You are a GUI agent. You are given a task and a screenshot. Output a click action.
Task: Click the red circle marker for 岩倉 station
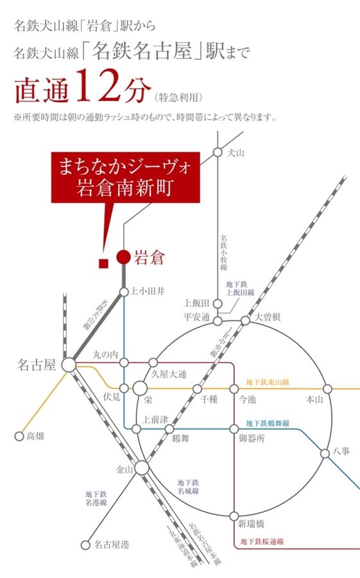(x=123, y=258)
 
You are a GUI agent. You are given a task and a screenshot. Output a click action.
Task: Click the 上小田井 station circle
(x=124, y=292)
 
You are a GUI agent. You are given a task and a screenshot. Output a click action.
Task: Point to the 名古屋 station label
(x=36, y=365)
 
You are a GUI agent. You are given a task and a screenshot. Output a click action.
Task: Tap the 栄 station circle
(x=140, y=389)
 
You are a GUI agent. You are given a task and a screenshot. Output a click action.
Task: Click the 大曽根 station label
(x=267, y=317)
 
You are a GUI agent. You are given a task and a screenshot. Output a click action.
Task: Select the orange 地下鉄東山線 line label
(x=268, y=382)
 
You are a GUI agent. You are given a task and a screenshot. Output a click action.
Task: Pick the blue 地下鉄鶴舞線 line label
(x=268, y=425)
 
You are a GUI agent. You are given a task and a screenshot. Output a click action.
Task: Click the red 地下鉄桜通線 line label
(x=262, y=541)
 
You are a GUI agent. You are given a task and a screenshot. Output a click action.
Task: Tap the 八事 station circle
(x=327, y=453)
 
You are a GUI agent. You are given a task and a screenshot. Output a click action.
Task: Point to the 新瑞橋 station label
(x=251, y=523)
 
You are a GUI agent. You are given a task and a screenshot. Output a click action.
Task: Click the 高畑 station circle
(x=19, y=436)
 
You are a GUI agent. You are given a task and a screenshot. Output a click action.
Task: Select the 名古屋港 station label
(x=112, y=545)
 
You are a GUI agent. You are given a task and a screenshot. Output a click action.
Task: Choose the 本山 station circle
(x=327, y=389)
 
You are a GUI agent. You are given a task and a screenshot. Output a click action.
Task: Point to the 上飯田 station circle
(x=218, y=303)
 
